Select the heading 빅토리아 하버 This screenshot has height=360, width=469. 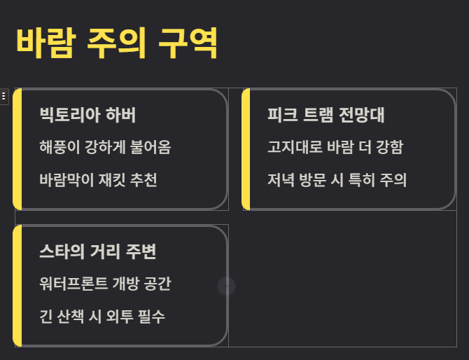[87, 115]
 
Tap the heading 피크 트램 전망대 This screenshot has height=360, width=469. [326, 115]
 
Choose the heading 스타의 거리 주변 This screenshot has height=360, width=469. [102, 251]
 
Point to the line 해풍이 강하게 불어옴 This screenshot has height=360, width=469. [105, 148]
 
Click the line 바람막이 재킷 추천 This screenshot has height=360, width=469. [98, 180]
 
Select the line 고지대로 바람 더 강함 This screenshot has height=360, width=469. [335, 148]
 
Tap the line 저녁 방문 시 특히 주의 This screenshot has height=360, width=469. [337, 180]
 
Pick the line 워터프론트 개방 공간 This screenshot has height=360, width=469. [105, 284]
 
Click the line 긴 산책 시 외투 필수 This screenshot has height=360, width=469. [102, 317]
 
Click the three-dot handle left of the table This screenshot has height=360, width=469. [4, 96]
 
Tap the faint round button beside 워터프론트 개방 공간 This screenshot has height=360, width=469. [226, 286]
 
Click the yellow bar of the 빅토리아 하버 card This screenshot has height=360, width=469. [17, 149]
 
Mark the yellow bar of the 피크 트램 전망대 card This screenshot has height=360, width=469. [246, 149]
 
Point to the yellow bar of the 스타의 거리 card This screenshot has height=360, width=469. [17, 286]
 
